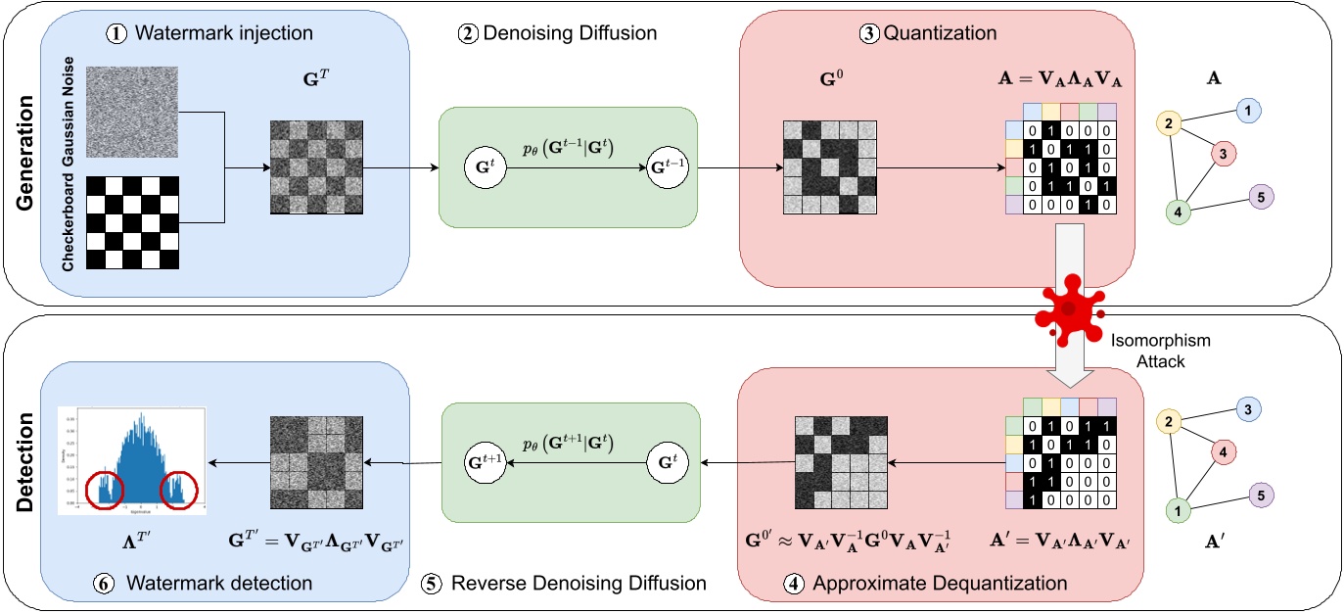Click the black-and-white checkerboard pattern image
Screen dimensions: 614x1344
tap(134, 223)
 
